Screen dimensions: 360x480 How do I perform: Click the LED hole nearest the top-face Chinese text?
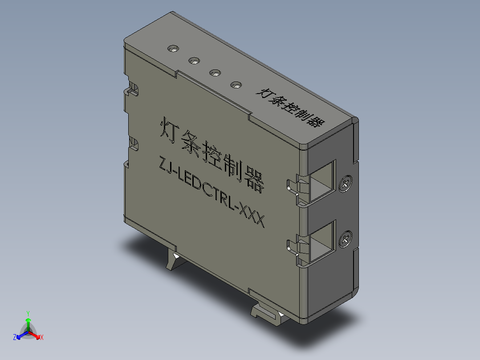pyautogui.click(x=236, y=84)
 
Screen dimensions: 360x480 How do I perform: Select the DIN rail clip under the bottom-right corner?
pyautogui.click(x=267, y=312)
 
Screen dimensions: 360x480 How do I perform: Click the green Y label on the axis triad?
pyautogui.click(x=28, y=313)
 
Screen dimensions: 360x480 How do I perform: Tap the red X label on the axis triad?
pyautogui.click(x=42, y=338)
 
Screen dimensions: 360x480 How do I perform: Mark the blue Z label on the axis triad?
pyautogui.click(x=15, y=338)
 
